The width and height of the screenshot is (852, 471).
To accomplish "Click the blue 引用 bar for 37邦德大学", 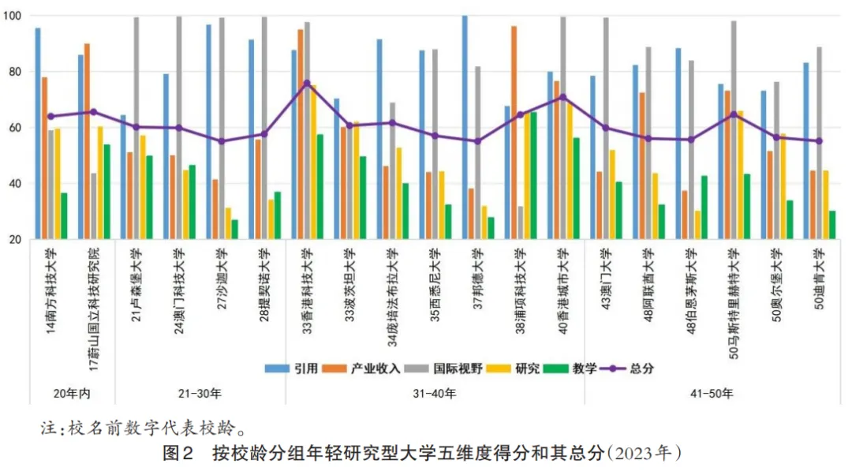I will [x=465, y=127].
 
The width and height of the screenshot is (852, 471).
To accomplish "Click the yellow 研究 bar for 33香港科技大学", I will [x=313, y=162].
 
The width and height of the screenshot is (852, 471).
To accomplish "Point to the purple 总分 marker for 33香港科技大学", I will [x=307, y=83].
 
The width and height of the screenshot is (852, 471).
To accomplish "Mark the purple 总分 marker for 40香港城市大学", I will [x=562, y=97].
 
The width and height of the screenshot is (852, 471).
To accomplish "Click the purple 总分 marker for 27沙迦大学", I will [x=222, y=141].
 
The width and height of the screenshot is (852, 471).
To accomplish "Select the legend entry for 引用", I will [x=297, y=368].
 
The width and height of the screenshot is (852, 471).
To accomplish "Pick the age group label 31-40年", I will [x=435, y=393].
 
